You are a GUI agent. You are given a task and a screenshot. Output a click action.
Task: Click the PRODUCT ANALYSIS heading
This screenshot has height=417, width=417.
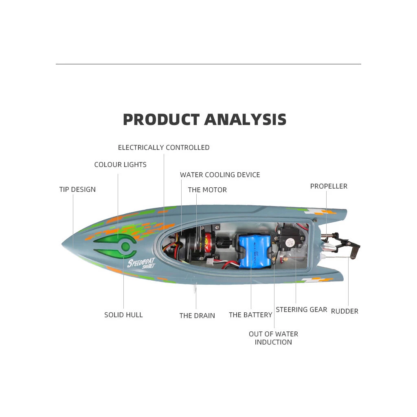(x=204, y=120)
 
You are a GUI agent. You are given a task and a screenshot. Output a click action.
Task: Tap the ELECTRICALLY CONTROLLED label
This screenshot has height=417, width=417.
(x=164, y=147)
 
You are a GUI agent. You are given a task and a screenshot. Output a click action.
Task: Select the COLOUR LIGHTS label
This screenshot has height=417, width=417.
(x=120, y=165)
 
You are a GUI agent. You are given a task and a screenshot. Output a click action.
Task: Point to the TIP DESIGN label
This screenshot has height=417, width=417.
(x=77, y=189)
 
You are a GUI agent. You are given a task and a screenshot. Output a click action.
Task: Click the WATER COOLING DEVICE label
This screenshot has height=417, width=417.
(x=220, y=175)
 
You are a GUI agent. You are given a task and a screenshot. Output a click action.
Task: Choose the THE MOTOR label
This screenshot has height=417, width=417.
(x=207, y=190)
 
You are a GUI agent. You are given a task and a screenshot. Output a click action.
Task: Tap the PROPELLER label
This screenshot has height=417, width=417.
(x=329, y=186)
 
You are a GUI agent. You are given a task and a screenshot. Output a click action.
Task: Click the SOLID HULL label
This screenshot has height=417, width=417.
(x=123, y=315)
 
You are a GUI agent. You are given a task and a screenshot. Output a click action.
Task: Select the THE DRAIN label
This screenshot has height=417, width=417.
(x=197, y=316)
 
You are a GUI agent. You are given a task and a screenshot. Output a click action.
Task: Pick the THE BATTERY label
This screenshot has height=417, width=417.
(x=250, y=315)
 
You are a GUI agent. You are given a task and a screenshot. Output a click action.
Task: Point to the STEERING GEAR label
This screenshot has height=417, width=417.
(x=301, y=309)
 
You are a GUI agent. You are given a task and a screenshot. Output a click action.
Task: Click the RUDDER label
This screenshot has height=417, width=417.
(x=345, y=311)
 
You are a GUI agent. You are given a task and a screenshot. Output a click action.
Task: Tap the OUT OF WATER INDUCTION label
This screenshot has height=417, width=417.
(x=273, y=338)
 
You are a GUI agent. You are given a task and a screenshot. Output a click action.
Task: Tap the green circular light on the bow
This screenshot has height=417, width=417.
(x=126, y=246)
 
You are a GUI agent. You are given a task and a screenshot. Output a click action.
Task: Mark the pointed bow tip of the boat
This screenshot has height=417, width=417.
(x=64, y=246)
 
